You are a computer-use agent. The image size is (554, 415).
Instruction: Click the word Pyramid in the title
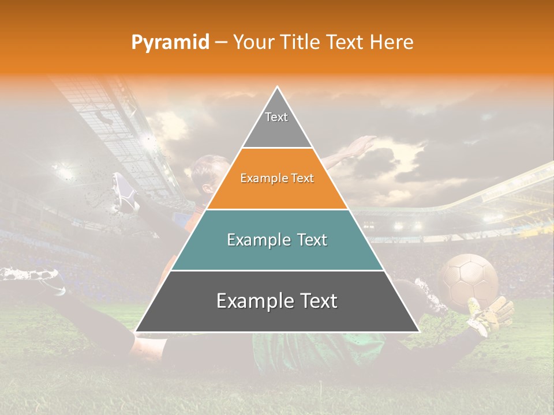170,43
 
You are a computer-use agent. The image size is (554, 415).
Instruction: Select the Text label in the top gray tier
276,117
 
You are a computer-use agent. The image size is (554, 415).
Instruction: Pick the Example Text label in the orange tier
277,179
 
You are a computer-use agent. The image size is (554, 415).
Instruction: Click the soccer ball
469,281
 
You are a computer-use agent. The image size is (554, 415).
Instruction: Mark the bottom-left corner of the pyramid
136,331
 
